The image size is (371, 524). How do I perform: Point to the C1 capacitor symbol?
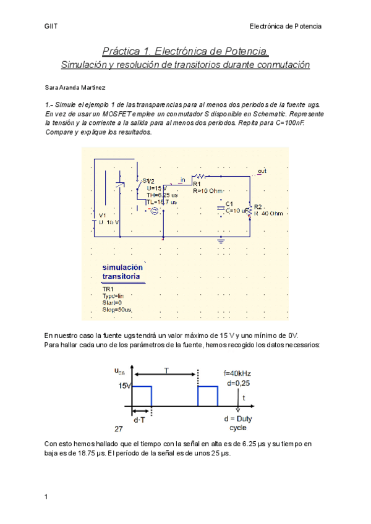[220, 209]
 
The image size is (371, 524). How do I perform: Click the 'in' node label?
[182, 180]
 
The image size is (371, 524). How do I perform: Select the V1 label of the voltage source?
[103, 215]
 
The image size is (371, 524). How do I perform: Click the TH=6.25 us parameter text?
[161, 195]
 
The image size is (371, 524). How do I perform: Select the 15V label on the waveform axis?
[124, 386]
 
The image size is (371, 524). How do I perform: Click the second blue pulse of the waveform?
[207, 395]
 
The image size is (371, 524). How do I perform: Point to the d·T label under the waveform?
[140, 419]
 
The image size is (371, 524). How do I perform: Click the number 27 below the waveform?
[118, 428]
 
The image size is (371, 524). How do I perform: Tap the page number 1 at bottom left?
[46, 496]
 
